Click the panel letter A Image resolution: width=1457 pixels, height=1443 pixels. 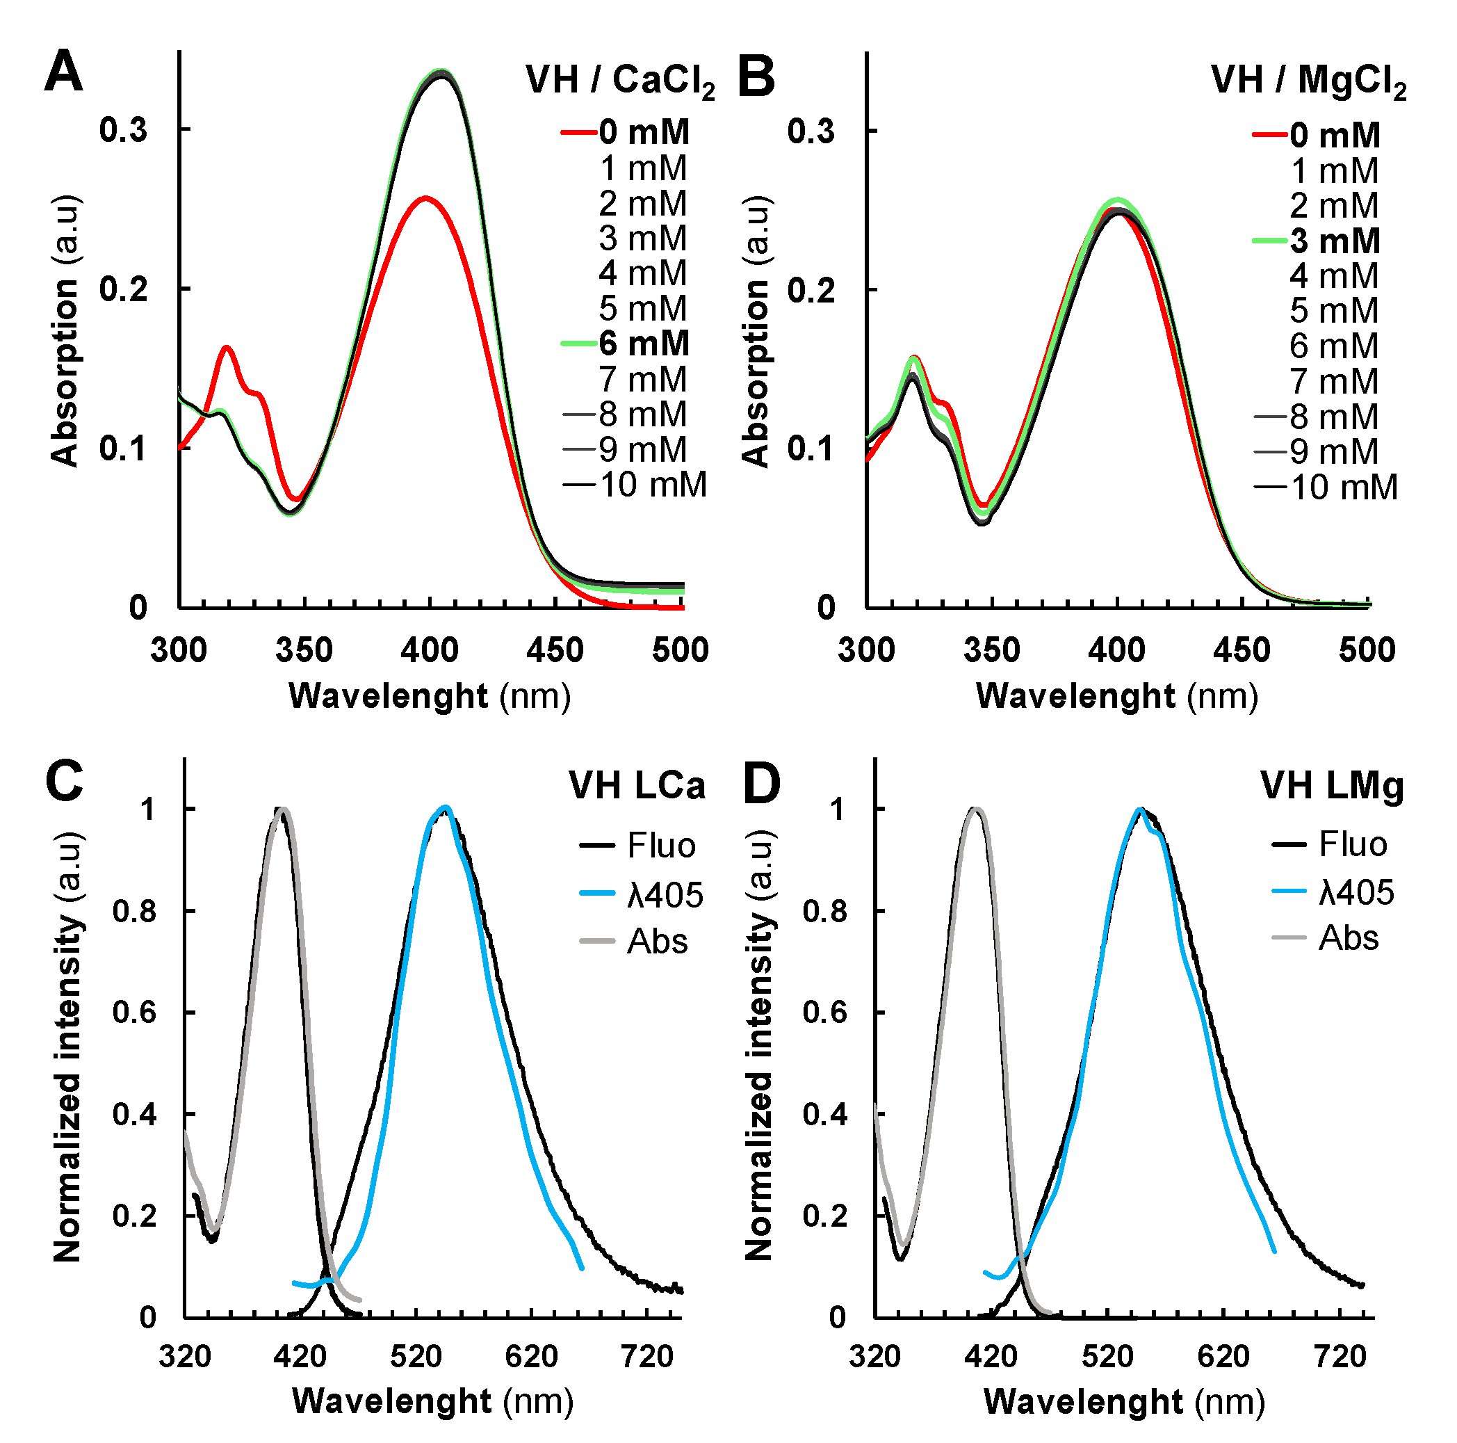[63, 72]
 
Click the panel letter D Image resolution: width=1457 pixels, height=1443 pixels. [762, 784]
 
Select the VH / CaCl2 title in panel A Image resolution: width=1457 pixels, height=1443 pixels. [620, 80]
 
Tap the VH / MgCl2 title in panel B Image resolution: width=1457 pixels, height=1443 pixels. [1308, 80]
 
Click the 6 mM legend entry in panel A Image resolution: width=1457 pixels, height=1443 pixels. [643, 344]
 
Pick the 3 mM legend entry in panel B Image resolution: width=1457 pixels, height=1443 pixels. [1334, 241]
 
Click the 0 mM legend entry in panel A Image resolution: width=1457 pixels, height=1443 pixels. [643, 133]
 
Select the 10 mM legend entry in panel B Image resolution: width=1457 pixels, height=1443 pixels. [1343, 487]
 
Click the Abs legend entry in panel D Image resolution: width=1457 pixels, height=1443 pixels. [1348, 938]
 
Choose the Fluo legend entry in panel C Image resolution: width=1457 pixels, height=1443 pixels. [660, 846]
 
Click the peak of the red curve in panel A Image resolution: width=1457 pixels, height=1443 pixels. [427, 198]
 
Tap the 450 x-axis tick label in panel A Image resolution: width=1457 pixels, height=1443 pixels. [555, 650]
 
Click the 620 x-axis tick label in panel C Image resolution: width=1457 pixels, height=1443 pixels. [531, 1356]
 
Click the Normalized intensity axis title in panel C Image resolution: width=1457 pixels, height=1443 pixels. [68, 1049]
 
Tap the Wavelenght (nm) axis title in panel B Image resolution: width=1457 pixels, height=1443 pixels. [1117, 695]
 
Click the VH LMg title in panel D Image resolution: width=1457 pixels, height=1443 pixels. [1331, 785]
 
